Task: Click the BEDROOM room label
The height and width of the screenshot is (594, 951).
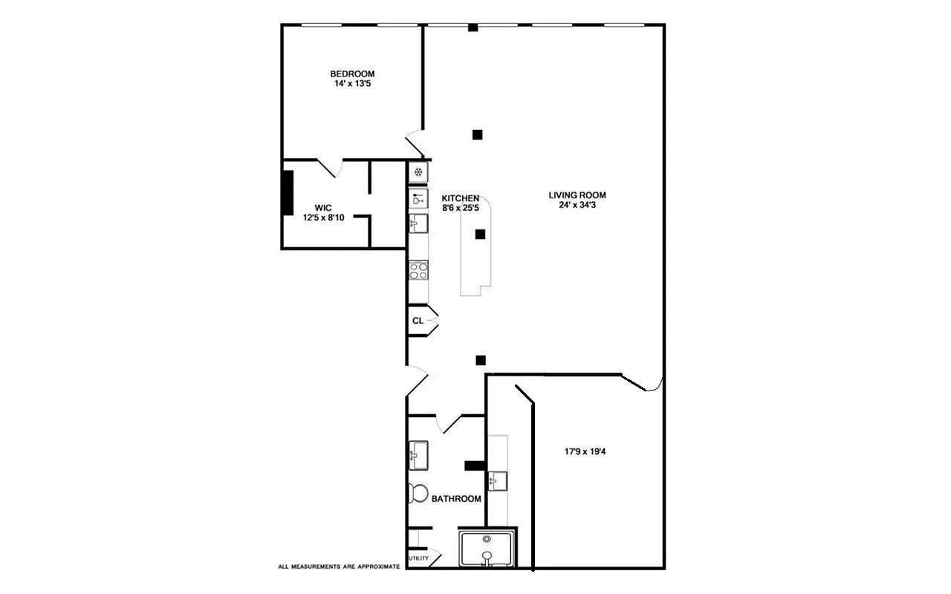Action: (x=352, y=74)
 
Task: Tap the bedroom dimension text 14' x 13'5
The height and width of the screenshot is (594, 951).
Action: (x=352, y=84)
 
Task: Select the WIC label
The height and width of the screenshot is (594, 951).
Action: (x=322, y=208)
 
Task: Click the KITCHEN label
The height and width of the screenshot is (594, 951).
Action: (x=461, y=198)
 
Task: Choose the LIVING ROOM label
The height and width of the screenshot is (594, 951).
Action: (x=572, y=195)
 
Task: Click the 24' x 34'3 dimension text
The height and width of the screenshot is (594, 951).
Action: (x=572, y=206)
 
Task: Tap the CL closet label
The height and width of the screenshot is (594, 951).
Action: (x=418, y=321)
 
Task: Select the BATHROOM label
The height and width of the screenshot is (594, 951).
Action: (x=456, y=499)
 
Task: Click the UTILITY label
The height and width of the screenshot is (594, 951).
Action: (x=418, y=558)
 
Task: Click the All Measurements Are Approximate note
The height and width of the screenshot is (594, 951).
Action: (x=339, y=567)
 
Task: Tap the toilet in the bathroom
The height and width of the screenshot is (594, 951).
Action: (x=418, y=493)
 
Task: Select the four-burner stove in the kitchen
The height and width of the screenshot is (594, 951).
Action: (x=418, y=270)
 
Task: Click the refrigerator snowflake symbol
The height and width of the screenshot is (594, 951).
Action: (x=418, y=172)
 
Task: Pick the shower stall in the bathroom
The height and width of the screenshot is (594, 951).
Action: (x=487, y=549)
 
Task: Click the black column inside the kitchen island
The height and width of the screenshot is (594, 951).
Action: (x=480, y=234)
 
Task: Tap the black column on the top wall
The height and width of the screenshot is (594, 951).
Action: (x=473, y=28)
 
